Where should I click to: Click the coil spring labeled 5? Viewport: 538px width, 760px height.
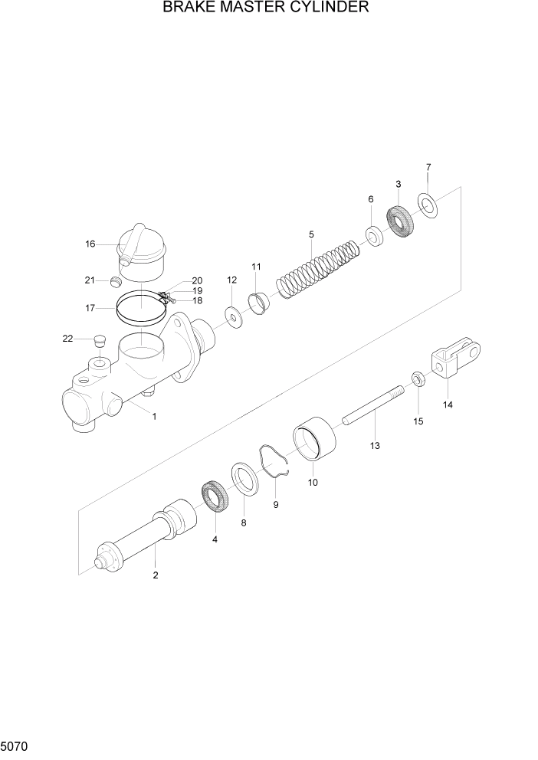317,271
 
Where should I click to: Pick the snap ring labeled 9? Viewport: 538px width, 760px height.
274,463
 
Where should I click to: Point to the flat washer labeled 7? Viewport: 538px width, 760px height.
426,205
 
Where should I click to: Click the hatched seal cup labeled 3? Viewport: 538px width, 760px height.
400,221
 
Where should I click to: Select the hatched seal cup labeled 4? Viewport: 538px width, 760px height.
215,497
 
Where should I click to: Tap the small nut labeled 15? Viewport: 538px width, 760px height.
418,378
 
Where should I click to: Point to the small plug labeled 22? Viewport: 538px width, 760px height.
97,339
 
